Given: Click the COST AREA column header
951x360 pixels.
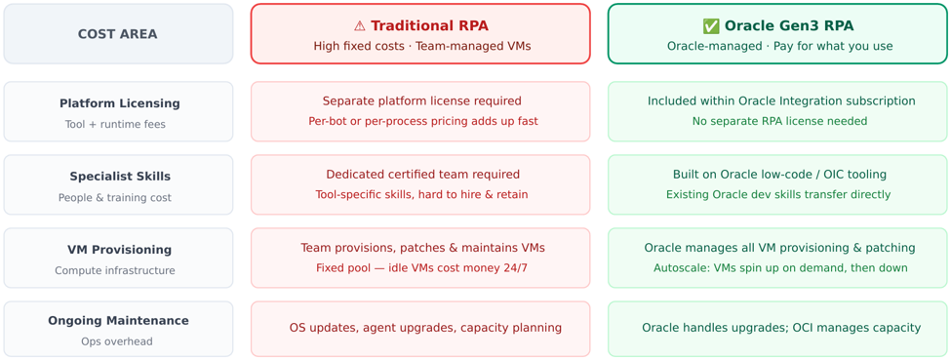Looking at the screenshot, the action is point(118,34).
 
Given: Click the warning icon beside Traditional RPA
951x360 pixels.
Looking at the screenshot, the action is point(359,26).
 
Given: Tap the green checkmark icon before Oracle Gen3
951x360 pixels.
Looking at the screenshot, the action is point(711,26).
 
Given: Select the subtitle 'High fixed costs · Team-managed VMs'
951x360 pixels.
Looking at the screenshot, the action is point(422,46).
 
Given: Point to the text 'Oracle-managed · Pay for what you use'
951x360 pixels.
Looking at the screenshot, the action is point(780,46).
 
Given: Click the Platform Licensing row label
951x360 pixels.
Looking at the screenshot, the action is point(119,103).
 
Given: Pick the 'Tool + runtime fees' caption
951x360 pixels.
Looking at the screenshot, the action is point(115,125).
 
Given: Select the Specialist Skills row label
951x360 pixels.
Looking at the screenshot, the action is point(120,177).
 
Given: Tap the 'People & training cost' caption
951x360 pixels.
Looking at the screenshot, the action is point(115,198).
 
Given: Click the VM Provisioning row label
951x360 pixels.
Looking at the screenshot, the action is point(119,250).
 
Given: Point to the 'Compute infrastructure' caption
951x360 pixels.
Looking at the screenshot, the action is point(115,271).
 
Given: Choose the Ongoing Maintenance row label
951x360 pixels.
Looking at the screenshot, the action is point(118,321).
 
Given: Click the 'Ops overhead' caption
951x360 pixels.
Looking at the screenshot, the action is point(117,341).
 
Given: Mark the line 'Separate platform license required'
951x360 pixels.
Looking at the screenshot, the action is point(422,100).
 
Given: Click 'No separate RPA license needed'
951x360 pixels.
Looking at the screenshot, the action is point(780,121).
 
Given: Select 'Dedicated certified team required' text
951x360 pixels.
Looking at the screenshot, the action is point(422,175).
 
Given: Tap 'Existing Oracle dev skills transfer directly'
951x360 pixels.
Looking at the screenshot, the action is point(778,195).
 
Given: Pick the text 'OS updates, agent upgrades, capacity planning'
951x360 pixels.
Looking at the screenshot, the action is point(426,328).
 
